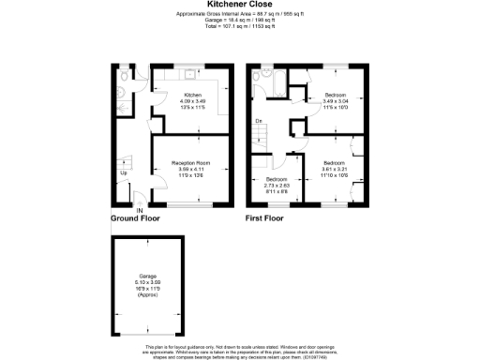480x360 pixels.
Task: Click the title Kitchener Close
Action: [240, 4]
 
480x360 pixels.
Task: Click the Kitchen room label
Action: [193, 95]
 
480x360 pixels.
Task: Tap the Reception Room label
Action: [190, 162]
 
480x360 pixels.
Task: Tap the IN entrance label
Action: [139, 210]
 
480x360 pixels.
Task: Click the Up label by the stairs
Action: [124, 172]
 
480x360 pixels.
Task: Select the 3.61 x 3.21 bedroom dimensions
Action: [334, 169]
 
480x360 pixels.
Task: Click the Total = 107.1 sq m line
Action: [240, 27]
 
